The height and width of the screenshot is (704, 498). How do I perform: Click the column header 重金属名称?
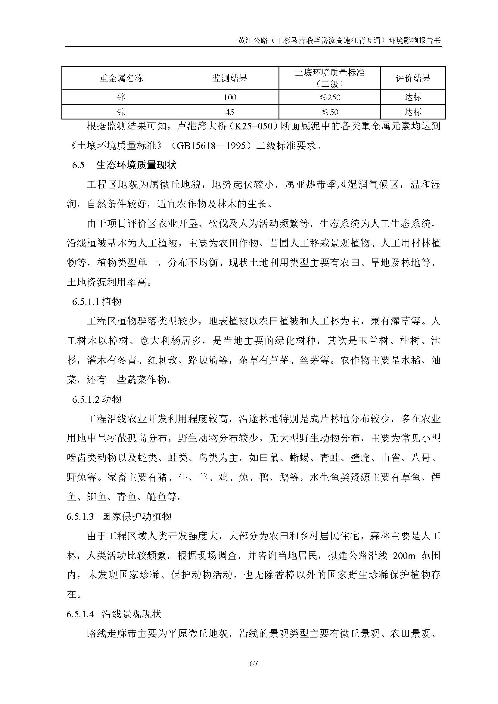pos(121,79)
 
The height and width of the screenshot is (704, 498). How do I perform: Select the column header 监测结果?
pos(230,79)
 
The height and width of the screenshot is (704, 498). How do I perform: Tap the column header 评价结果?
pos(413,79)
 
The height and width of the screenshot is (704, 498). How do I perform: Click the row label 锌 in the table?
pos(121,98)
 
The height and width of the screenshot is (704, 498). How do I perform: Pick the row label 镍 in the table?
pos(121,112)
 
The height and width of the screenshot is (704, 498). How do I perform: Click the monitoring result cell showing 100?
pos(230,98)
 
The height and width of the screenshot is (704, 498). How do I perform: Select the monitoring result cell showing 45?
pos(230,112)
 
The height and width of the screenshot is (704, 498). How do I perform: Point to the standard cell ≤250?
pos(330,98)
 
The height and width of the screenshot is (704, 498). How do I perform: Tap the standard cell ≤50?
pos(330,112)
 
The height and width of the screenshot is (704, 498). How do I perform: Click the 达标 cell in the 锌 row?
pos(413,98)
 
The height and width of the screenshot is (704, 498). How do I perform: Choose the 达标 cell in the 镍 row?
pos(413,112)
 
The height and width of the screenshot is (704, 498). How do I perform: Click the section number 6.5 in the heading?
pos(78,165)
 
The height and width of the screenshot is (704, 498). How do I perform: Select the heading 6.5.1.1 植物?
pos(97,302)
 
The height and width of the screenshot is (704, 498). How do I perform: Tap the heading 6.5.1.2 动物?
pos(97,399)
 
